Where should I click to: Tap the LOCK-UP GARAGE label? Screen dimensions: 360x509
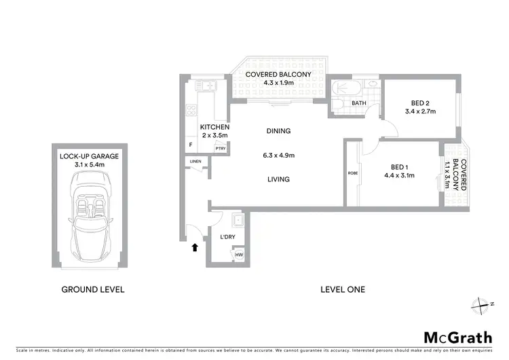click(x=89, y=156)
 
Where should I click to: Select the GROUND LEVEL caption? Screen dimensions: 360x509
click(x=93, y=289)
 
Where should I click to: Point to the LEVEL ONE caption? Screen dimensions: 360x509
click(x=343, y=289)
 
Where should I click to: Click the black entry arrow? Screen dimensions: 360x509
click(x=196, y=248)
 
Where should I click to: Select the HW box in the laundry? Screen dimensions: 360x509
click(x=238, y=255)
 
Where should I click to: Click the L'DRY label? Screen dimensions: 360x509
click(x=228, y=236)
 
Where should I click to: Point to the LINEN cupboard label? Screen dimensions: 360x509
click(x=195, y=161)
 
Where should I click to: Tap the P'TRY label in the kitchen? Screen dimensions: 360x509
click(x=220, y=148)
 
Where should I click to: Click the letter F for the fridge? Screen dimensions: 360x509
click(x=191, y=145)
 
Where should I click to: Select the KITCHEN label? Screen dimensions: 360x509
click(x=214, y=127)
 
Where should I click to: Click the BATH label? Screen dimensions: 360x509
click(x=359, y=103)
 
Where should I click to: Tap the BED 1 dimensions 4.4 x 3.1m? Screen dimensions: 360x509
click(x=399, y=175)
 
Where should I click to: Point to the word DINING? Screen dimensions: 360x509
click(x=278, y=131)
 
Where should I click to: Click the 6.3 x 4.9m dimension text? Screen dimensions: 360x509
click(x=278, y=155)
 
